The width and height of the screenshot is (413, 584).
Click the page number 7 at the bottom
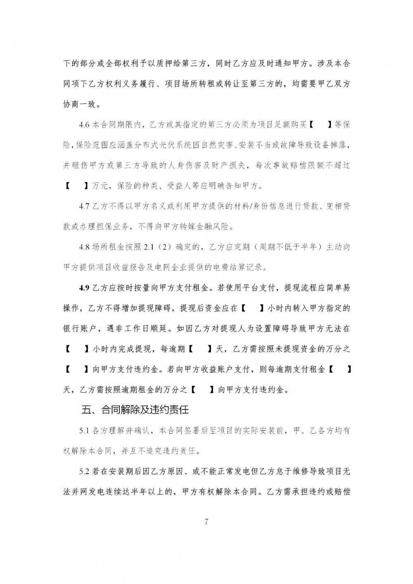(x=206, y=521)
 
